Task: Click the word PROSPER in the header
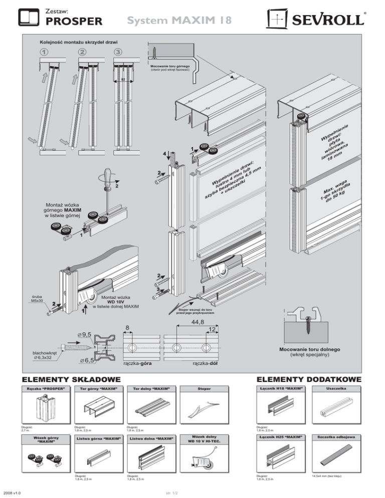74,22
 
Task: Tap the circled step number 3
118,53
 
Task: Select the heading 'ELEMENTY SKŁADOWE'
70,378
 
